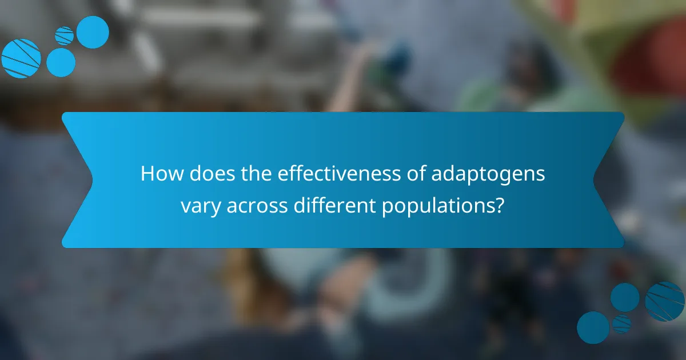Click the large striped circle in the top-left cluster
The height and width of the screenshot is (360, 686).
pos(21,58)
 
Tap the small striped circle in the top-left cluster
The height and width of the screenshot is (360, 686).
pos(65,35)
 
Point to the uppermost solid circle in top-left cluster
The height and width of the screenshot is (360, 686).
pos(93,32)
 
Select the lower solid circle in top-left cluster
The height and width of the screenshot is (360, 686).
pos(61,62)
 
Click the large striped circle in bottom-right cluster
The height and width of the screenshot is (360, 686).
pos(664,301)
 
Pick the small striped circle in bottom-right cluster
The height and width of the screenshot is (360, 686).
pos(621,323)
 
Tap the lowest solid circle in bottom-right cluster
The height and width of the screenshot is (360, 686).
pos(593,327)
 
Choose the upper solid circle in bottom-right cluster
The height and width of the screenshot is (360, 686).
pos(625,297)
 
